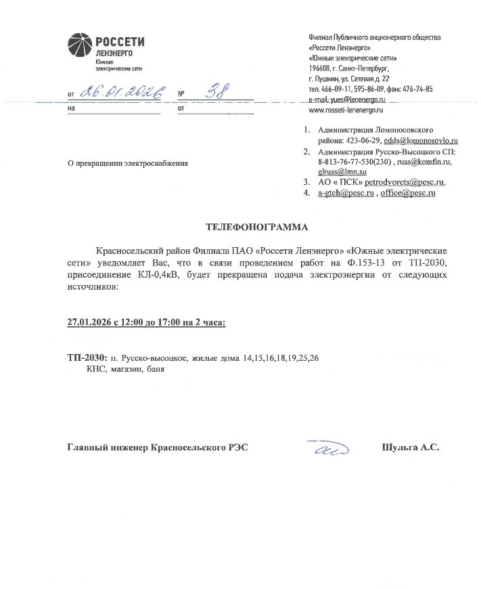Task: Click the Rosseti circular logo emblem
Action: (79, 46)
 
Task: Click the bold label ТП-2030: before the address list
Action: (87, 357)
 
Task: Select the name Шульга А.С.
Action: (411, 448)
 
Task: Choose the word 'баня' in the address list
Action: (155, 370)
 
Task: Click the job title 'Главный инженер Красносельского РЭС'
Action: (158, 448)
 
